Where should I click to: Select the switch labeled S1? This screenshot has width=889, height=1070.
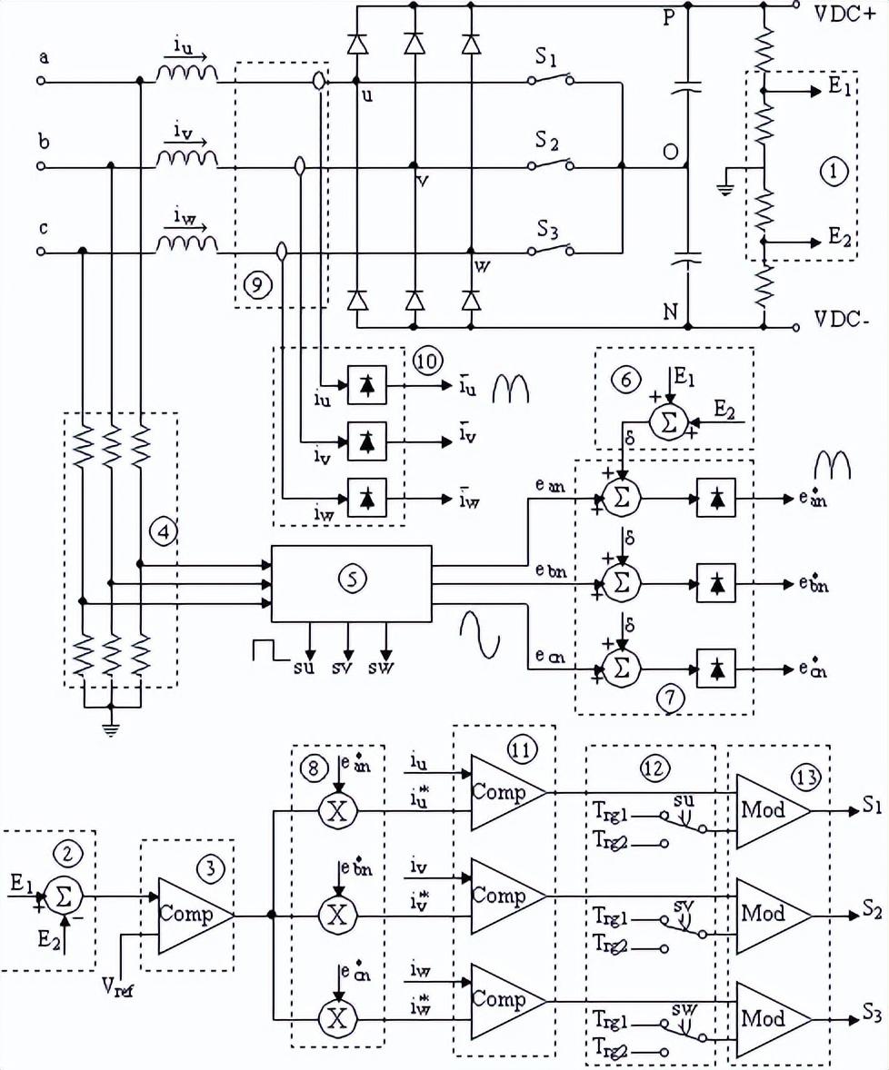coord(550,80)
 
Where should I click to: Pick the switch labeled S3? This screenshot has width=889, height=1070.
coord(550,250)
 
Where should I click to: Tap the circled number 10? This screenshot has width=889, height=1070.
coord(425,361)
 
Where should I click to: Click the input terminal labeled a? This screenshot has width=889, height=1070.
coord(41,81)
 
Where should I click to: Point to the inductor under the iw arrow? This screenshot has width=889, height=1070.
coord(186,245)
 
